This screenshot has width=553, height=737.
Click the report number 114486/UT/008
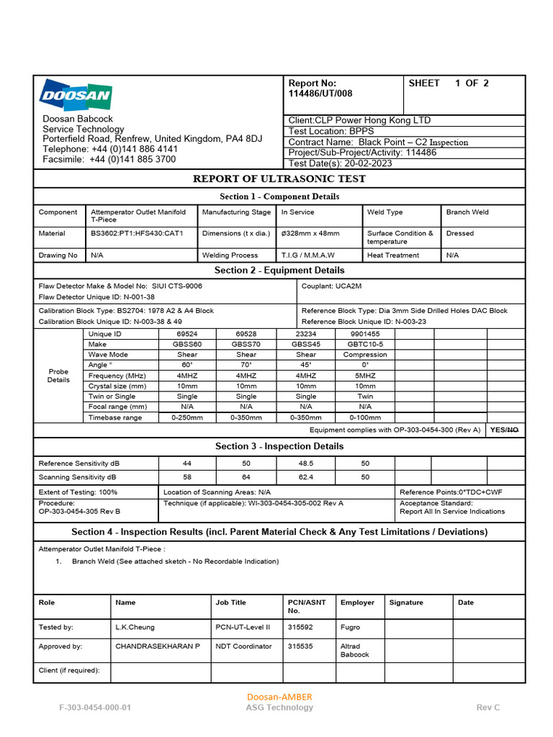(x=320, y=94)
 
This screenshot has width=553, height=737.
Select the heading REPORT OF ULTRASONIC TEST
(x=279, y=178)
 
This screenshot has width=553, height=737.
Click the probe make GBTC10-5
(x=365, y=344)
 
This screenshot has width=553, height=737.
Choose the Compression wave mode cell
(x=365, y=355)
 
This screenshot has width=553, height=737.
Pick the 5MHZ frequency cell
(x=365, y=376)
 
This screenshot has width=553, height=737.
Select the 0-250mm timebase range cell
(x=186, y=417)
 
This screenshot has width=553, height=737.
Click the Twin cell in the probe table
(x=365, y=397)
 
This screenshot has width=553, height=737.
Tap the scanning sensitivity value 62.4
(x=305, y=477)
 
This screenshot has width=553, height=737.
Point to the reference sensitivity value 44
(x=186, y=464)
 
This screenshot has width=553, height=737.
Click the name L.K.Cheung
(x=135, y=627)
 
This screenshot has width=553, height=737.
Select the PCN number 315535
(x=300, y=646)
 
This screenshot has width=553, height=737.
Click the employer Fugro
(x=350, y=627)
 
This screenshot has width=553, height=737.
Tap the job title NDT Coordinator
(x=243, y=646)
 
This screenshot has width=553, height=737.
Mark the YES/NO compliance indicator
(x=503, y=430)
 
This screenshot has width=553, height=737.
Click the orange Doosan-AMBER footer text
(x=279, y=697)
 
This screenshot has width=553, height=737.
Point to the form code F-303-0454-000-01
(x=95, y=707)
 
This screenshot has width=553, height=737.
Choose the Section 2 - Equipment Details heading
(x=279, y=271)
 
